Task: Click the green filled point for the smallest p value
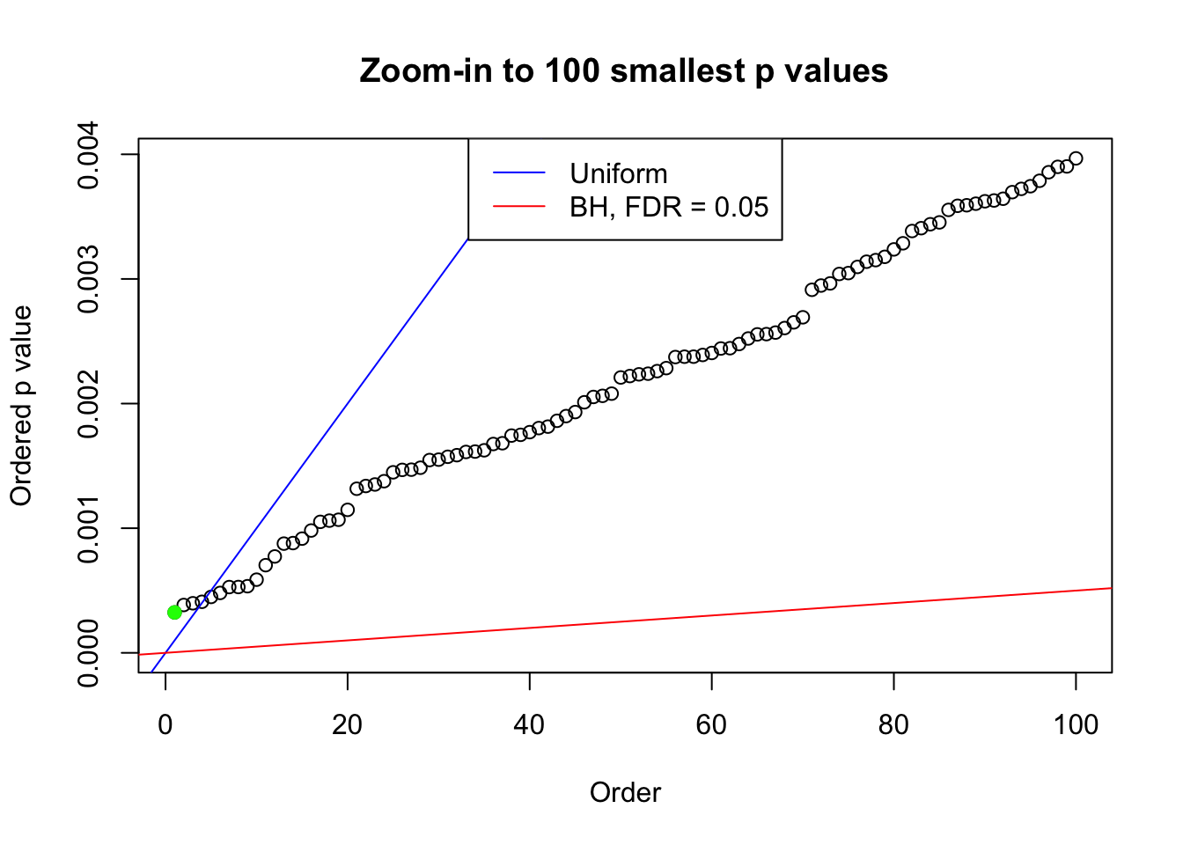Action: click(174, 612)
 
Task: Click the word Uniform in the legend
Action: click(618, 174)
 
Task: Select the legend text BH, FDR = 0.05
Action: click(669, 207)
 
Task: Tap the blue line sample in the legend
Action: click(519, 173)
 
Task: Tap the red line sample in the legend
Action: click(519, 207)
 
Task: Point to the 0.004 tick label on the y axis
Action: click(91, 156)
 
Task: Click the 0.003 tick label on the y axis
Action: click(91, 280)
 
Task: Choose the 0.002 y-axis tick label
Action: click(91, 404)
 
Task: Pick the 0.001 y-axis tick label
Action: click(91, 528)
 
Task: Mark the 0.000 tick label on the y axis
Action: click(91, 652)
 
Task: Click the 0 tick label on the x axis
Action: click(165, 724)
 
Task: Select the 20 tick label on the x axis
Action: click(348, 724)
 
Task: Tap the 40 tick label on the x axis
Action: click(529, 724)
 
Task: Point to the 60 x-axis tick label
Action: click(711, 724)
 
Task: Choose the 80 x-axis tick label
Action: click(893, 724)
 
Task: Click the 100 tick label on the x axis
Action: click(1076, 724)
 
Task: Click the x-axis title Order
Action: click(625, 793)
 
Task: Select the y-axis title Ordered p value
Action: click(21, 406)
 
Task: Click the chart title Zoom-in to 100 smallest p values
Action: click(624, 71)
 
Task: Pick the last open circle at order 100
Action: click(1076, 158)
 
